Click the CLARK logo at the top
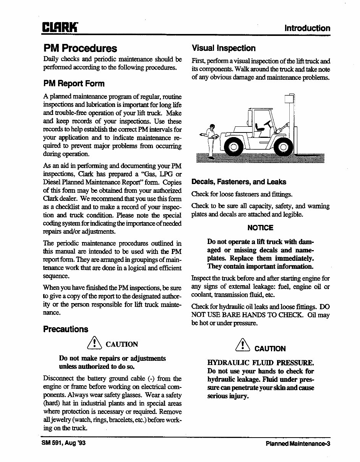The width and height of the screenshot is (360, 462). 60,28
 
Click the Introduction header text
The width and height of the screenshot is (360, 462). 307,28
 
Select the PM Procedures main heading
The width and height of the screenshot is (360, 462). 80,48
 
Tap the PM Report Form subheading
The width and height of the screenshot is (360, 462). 73,83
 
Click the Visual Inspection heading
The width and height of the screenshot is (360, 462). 223,48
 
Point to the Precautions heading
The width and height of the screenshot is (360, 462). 65,329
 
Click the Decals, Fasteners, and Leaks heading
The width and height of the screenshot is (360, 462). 238,182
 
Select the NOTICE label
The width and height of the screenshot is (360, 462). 260,228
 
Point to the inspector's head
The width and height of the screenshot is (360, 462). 212,127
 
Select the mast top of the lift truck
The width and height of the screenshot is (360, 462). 290,99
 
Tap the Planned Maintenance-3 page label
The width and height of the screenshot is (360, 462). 298,444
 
